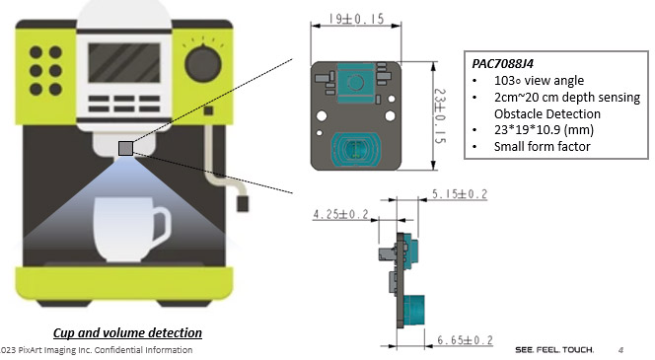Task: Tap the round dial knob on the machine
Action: point(203,64)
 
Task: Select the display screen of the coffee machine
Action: point(124,63)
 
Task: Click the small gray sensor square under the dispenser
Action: point(125,148)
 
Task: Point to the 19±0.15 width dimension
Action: point(356,19)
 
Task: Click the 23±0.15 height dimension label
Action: point(440,115)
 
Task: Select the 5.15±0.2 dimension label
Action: point(460,194)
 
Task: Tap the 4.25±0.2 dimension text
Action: point(341,214)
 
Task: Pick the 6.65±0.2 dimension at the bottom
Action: point(465,340)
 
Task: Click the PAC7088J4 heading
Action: point(502,63)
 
